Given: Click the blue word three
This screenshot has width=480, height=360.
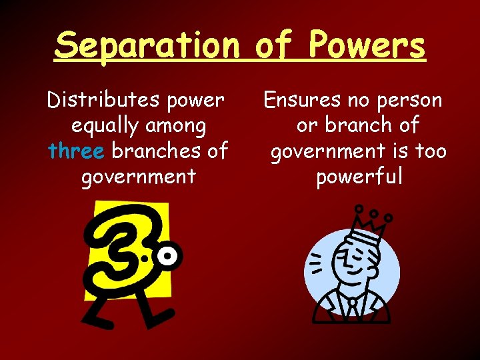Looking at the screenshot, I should click(x=77, y=151).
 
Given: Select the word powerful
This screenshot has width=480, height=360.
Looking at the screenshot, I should click(x=359, y=177).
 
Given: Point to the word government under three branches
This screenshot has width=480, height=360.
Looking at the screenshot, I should click(x=138, y=177).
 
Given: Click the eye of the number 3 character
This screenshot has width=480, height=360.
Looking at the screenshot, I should click(x=169, y=255).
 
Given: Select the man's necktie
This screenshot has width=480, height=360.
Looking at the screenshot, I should click(x=352, y=306).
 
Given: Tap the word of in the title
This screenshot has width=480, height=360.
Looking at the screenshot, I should click(x=274, y=45).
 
